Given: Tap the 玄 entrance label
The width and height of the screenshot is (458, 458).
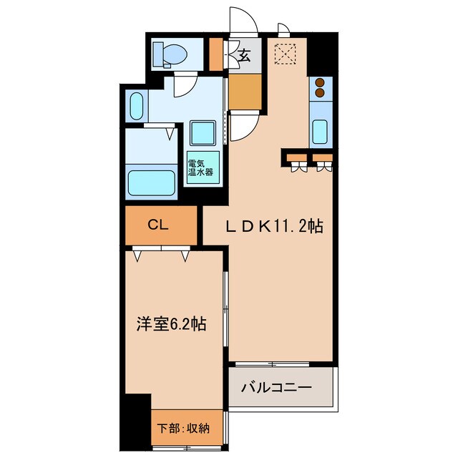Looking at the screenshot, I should [245, 54].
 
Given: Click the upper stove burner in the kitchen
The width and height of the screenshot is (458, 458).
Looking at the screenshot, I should [320, 82].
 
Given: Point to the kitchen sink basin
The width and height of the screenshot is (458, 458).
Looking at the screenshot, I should [321, 132].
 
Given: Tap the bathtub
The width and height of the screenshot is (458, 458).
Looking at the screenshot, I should [152, 183].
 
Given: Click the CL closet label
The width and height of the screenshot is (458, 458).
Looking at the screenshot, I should [158, 225].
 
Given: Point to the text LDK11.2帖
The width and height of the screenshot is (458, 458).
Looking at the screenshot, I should [273, 227].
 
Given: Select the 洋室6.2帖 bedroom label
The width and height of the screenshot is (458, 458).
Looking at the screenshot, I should [172, 324].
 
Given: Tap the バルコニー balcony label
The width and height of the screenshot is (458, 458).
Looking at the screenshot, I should [276, 389].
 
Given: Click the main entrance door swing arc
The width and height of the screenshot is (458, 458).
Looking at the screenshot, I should [241, 19].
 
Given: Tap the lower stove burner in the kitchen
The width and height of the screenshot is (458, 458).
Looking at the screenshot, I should [320, 93].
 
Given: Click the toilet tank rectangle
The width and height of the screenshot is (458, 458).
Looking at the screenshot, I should [159, 54].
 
